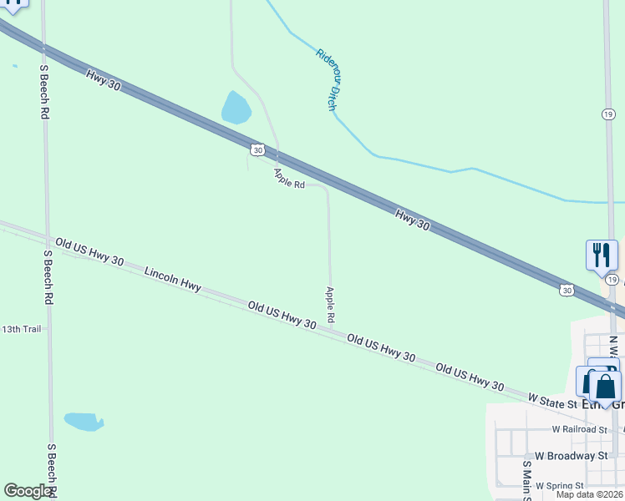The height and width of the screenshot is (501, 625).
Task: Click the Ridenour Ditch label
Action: pos(332,79)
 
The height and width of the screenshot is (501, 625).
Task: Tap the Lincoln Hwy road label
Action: pos(173,279)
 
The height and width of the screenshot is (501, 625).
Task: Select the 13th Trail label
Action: pos(21,329)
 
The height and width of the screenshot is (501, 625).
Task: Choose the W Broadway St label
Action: pos(571,456)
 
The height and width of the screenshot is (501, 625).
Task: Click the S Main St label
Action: pos(526,480)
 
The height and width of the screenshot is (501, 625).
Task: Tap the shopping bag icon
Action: pos(605,387)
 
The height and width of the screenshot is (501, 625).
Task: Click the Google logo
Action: pos(28,491)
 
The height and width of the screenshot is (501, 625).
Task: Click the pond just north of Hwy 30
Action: pos(236,108)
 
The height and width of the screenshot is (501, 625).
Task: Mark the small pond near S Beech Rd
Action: pos(84,422)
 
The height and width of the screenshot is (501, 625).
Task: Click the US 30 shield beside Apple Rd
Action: pos(257,149)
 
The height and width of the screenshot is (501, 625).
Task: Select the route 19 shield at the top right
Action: pos(607,114)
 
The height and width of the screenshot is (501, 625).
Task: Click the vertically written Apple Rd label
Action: pos(331,305)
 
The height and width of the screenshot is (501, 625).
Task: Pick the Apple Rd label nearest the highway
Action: pos(289,178)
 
